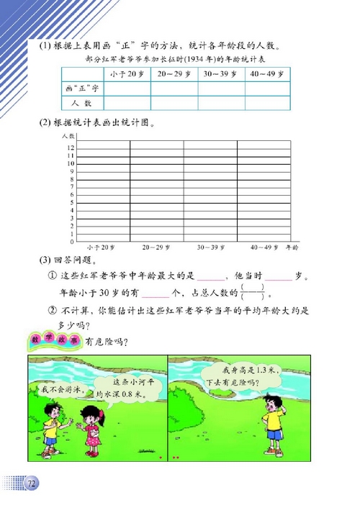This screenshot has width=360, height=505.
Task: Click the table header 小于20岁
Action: pos(127,74)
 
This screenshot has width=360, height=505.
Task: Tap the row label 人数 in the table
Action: pos(78,104)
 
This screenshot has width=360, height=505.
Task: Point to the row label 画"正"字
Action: pos(81,89)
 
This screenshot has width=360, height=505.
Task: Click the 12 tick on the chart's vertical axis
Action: pos(71,147)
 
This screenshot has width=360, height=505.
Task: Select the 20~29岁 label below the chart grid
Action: pos(157,247)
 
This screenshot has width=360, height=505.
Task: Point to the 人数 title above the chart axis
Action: pos(69,136)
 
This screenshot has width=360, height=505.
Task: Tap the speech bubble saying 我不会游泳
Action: pos(59,390)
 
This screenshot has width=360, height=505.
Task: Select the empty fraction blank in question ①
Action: pos(252,294)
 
